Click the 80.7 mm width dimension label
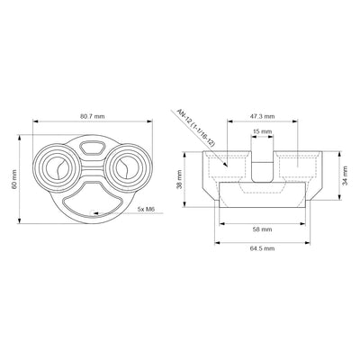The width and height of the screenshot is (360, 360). pos(89,116)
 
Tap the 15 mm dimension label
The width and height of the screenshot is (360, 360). pos(261,133)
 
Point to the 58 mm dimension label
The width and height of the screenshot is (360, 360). pos(261,229)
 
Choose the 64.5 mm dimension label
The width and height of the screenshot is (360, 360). pos(261,247)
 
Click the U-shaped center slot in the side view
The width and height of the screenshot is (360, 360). pos(261,166)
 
